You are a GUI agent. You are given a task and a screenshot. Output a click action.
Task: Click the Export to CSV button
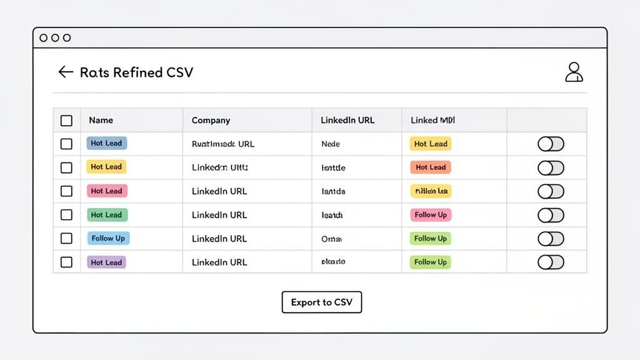[321, 302]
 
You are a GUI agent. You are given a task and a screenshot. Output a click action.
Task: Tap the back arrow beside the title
[66, 72]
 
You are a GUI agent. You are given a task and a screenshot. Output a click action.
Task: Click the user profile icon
[573, 72]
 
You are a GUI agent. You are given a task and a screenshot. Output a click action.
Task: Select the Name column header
[101, 120]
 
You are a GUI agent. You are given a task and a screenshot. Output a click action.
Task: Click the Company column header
[211, 120]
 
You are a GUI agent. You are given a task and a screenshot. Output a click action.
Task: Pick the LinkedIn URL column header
[347, 120]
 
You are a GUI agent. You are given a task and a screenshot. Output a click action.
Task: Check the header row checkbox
[66, 121]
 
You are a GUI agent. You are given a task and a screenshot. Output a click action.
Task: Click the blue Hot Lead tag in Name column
[106, 143]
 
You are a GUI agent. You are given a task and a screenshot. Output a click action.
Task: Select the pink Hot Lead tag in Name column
[106, 191]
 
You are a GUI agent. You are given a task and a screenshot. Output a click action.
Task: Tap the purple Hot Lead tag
[106, 262]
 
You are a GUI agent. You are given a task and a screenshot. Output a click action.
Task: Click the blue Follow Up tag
[108, 238]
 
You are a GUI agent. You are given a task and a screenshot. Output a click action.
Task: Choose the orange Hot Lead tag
[431, 167]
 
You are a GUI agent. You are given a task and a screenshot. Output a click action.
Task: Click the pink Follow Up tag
[431, 215]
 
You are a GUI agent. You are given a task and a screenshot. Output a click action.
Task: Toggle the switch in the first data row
[551, 144]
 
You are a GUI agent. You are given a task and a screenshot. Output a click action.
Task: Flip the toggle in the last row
[551, 262]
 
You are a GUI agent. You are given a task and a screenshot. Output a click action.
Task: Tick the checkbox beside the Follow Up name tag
[66, 238]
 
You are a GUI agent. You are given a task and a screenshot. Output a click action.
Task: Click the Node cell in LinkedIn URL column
[331, 144]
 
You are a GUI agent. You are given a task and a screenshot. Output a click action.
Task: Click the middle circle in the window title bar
[55, 37]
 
